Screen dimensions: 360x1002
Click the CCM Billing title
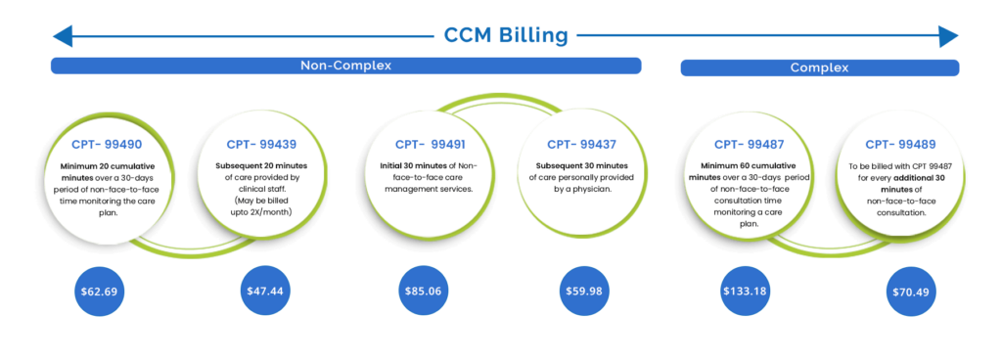(506, 36)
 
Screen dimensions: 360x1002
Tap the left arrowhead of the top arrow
(61, 37)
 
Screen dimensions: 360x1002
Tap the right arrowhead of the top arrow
(949, 37)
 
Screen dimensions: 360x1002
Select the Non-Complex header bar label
(345, 66)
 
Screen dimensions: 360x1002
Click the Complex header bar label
(819, 68)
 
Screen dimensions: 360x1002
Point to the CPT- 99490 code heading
(107, 144)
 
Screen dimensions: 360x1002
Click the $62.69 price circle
(103, 292)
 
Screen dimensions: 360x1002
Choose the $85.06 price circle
(423, 292)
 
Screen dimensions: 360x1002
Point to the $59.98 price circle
(585, 292)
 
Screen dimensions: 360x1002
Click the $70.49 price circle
(908, 292)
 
